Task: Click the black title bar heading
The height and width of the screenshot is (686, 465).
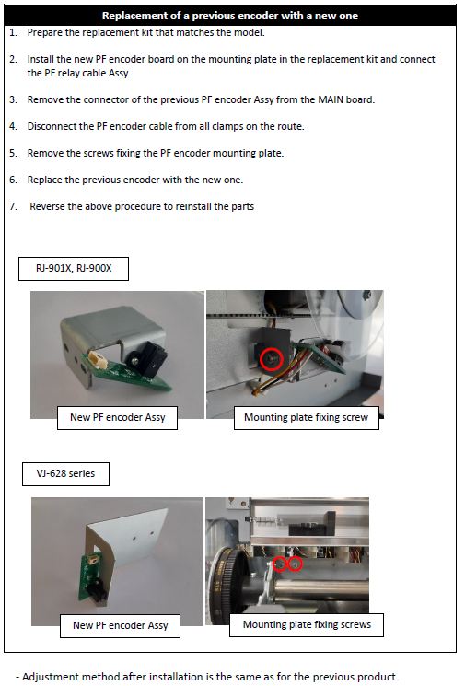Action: [x=230, y=16]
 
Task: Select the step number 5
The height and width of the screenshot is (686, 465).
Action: [x=13, y=153]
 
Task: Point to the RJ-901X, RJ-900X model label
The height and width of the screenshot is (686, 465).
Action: [x=74, y=268]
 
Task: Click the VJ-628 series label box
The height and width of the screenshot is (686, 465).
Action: [x=65, y=473]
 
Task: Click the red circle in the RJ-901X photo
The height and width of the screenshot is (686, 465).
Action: [x=272, y=359]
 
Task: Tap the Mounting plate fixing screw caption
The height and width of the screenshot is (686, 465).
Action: [x=307, y=418]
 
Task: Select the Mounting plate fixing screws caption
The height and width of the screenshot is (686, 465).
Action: [x=307, y=624]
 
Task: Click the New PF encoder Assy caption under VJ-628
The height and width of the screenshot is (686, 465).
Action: [x=121, y=625]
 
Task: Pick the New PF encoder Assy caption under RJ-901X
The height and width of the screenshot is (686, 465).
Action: [x=117, y=418]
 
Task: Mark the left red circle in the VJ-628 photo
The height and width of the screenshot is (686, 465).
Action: [x=280, y=564]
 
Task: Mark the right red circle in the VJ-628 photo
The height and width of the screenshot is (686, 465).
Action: [x=296, y=564]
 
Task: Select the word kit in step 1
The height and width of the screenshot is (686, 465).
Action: [x=173, y=33]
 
